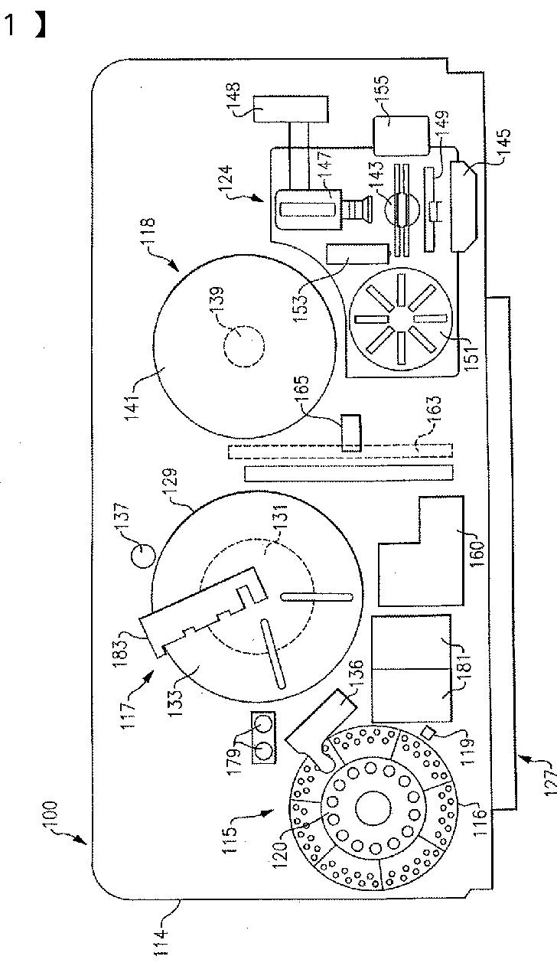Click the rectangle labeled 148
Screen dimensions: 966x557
click(x=291, y=109)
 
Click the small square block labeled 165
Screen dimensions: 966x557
click(x=351, y=432)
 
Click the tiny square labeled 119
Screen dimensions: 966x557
click(x=429, y=733)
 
